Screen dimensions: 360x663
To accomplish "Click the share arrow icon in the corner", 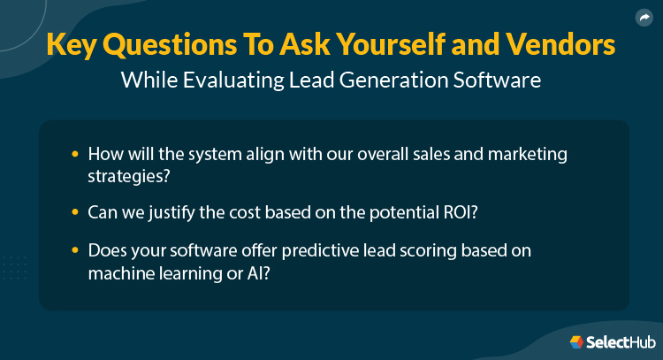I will coord(644,17).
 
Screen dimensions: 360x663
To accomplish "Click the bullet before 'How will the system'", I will coord(75,154).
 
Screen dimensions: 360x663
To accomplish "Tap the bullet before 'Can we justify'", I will coord(75,212).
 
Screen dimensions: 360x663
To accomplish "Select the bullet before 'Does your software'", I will coord(75,252).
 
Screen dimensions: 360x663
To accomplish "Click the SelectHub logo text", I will coord(616,342).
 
